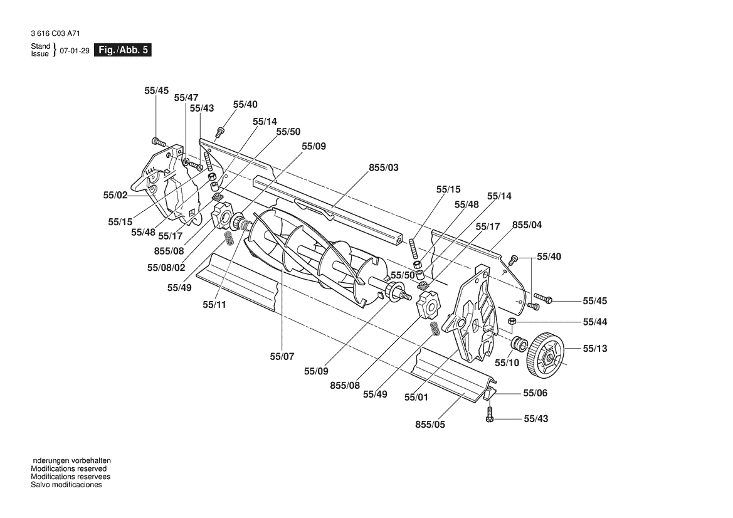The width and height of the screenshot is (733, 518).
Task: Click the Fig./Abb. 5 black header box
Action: (x=122, y=50)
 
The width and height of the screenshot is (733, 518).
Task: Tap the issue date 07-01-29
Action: (x=75, y=51)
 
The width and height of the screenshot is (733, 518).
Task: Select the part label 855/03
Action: (x=384, y=167)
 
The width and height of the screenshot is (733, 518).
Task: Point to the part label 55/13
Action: (x=594, y=348)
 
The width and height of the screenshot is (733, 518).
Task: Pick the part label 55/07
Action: (x=282, y=356)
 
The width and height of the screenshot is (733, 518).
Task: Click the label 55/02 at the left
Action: (x=115, y=195)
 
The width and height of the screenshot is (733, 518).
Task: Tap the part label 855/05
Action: (x=430, y=425)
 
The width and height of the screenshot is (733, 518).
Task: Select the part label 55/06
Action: (x=535, y=393)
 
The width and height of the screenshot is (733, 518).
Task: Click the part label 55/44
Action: (x=594, y=322)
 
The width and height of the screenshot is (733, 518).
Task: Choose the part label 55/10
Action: (x=507, y=362)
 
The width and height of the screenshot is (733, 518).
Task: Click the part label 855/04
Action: (x=527, y=225)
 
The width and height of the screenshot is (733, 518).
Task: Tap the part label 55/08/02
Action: (x=166, y=267)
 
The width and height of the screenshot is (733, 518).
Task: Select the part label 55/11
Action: (x=214, y=305)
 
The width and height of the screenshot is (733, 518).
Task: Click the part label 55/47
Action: (x=186, y=98)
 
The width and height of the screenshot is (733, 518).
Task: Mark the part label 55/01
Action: (x=416, y=398)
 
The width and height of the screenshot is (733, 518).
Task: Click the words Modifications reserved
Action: (x=69, y=469)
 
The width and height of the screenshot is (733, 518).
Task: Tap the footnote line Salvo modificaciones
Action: (x=66, y=485)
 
